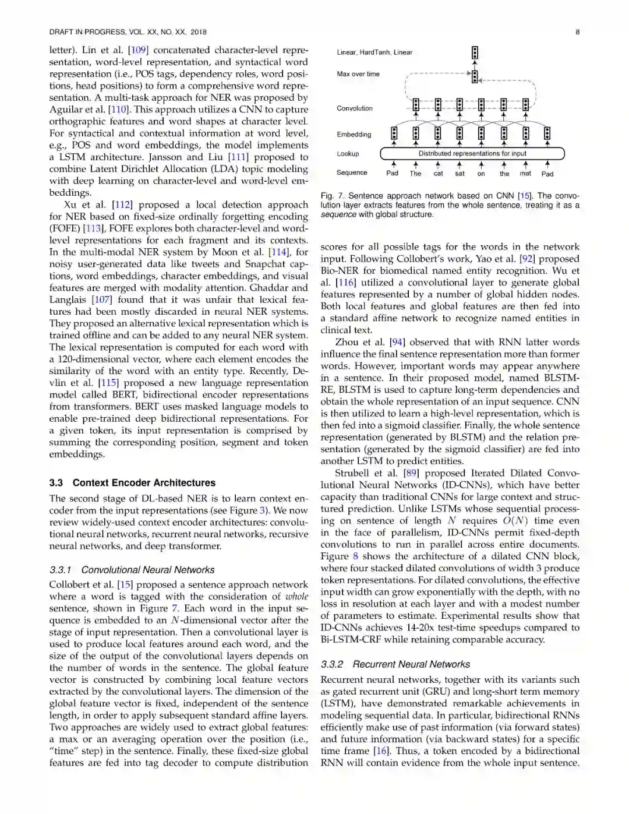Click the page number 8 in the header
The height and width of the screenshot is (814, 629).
tap(577, 32)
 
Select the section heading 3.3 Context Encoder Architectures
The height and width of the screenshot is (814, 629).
tap(132, 482)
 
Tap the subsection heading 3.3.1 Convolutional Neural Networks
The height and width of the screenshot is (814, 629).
tap(132, 570)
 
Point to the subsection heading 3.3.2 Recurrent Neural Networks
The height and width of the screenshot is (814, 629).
tap(395, 664)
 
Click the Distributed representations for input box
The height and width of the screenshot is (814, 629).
tap(472, 154)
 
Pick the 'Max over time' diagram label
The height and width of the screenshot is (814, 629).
tap(358, 74)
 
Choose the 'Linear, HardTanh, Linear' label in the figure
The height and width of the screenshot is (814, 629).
tap(374, 52)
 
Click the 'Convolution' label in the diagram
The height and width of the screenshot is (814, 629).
tap(354, 108)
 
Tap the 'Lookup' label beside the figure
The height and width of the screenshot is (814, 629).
tap(348, 154)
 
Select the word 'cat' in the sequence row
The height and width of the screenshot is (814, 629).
tap(438, 174)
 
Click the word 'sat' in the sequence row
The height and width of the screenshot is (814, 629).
tap(460, 174)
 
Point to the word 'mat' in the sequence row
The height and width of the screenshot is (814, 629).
tap(525, 174)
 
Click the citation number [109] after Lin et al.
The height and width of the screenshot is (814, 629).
tap(138, 50)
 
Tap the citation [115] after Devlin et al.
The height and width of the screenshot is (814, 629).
tap(108, 383)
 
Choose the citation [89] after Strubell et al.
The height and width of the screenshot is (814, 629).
tap(411, 473)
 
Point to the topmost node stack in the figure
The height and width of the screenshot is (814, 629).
tap(475, 52)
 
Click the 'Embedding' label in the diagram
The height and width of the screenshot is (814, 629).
tap(354, 135)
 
